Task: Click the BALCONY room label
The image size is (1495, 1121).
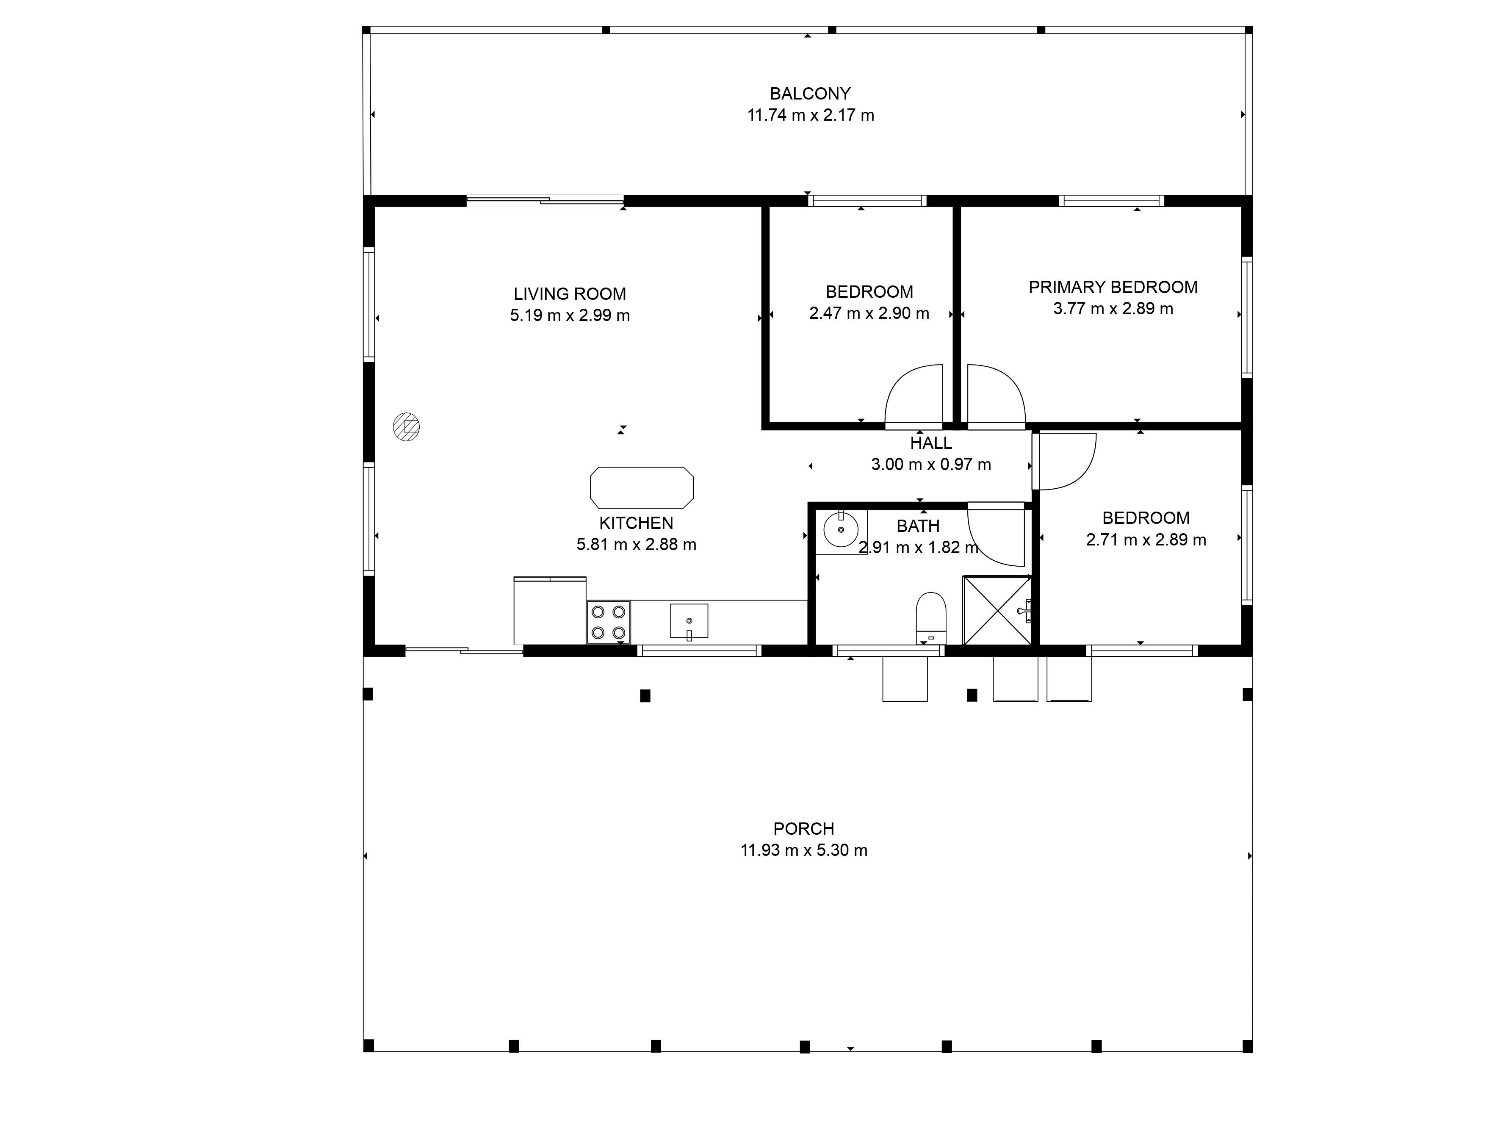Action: click(x=810, y=93)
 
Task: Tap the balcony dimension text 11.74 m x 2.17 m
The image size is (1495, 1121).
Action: click(x=810, y=115)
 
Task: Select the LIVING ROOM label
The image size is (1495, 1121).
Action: click(x=570, y=294)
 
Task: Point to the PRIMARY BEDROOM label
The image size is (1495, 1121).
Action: click(x=1113, y=287)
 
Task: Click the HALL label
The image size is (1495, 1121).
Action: click(x=930, y=443)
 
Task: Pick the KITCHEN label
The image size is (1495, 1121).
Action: click(x=636, y=523)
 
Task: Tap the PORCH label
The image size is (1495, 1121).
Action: click(x=803, y=828)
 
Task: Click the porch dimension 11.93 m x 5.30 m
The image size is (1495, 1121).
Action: click(x=803, y=850)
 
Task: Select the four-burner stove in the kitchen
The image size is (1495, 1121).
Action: click(x=608, y=622)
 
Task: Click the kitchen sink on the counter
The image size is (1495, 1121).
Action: click(x=689, y=621)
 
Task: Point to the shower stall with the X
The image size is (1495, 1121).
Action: click(x=997, y=611)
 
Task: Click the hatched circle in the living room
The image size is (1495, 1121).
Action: click(x=406, y=427)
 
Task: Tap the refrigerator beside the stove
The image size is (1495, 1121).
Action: click(x=549, y=610)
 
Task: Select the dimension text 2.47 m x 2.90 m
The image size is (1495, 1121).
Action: click(x=869, y=313)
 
